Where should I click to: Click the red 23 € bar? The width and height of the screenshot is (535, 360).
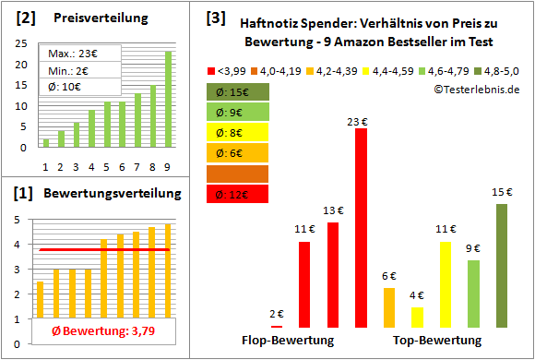coord(361,228)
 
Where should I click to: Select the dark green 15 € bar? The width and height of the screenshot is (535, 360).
coord(501,266)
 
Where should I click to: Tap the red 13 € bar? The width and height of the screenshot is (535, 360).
coord(332,275)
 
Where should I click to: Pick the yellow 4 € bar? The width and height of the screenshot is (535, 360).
coord(417,318)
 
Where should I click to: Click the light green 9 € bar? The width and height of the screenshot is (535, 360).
coord(473,294)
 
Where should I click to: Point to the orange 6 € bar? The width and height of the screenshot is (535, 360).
coord(388,307)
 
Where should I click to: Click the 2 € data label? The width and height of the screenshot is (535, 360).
coord(276,314)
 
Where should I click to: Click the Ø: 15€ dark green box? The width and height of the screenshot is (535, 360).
coord(237,91)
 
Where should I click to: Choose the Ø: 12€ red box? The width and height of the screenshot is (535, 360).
coord(237,193)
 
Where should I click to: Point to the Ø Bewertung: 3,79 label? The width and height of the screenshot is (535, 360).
coord(90,331)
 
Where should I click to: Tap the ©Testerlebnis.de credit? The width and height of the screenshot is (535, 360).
coord(474,90)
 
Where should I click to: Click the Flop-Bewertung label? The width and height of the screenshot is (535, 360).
coord(288,340)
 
